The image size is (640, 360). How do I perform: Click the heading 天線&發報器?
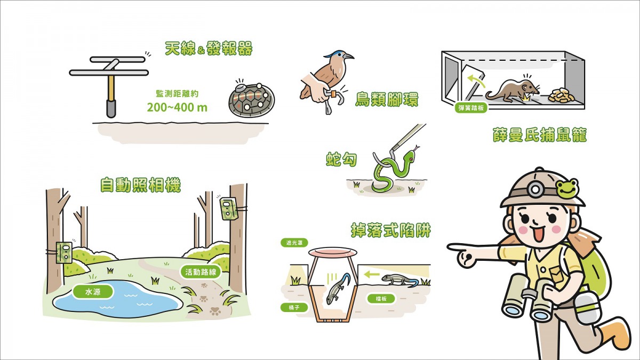point(209,50)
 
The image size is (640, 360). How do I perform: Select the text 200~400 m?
point(177,107)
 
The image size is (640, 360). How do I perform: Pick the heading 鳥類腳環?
point(387,99)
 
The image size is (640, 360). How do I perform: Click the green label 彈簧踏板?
point(471,107)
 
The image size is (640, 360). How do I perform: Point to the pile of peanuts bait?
point(561,95)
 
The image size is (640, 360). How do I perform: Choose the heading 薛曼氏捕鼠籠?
point(540,135)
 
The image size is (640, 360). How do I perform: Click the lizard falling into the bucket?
point(338,288)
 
